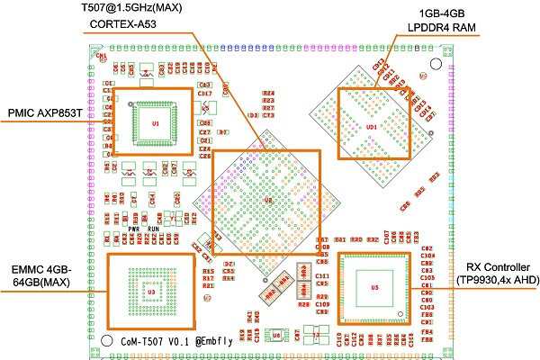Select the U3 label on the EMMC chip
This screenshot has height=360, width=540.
coord(151,292)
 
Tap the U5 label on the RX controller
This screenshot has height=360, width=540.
coord(374,288)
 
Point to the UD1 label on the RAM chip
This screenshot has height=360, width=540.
coord(372,127)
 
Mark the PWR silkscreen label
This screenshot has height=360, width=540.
coord(133,229)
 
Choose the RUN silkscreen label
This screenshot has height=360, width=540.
coord(155,229)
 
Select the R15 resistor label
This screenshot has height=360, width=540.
coord(208,271)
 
